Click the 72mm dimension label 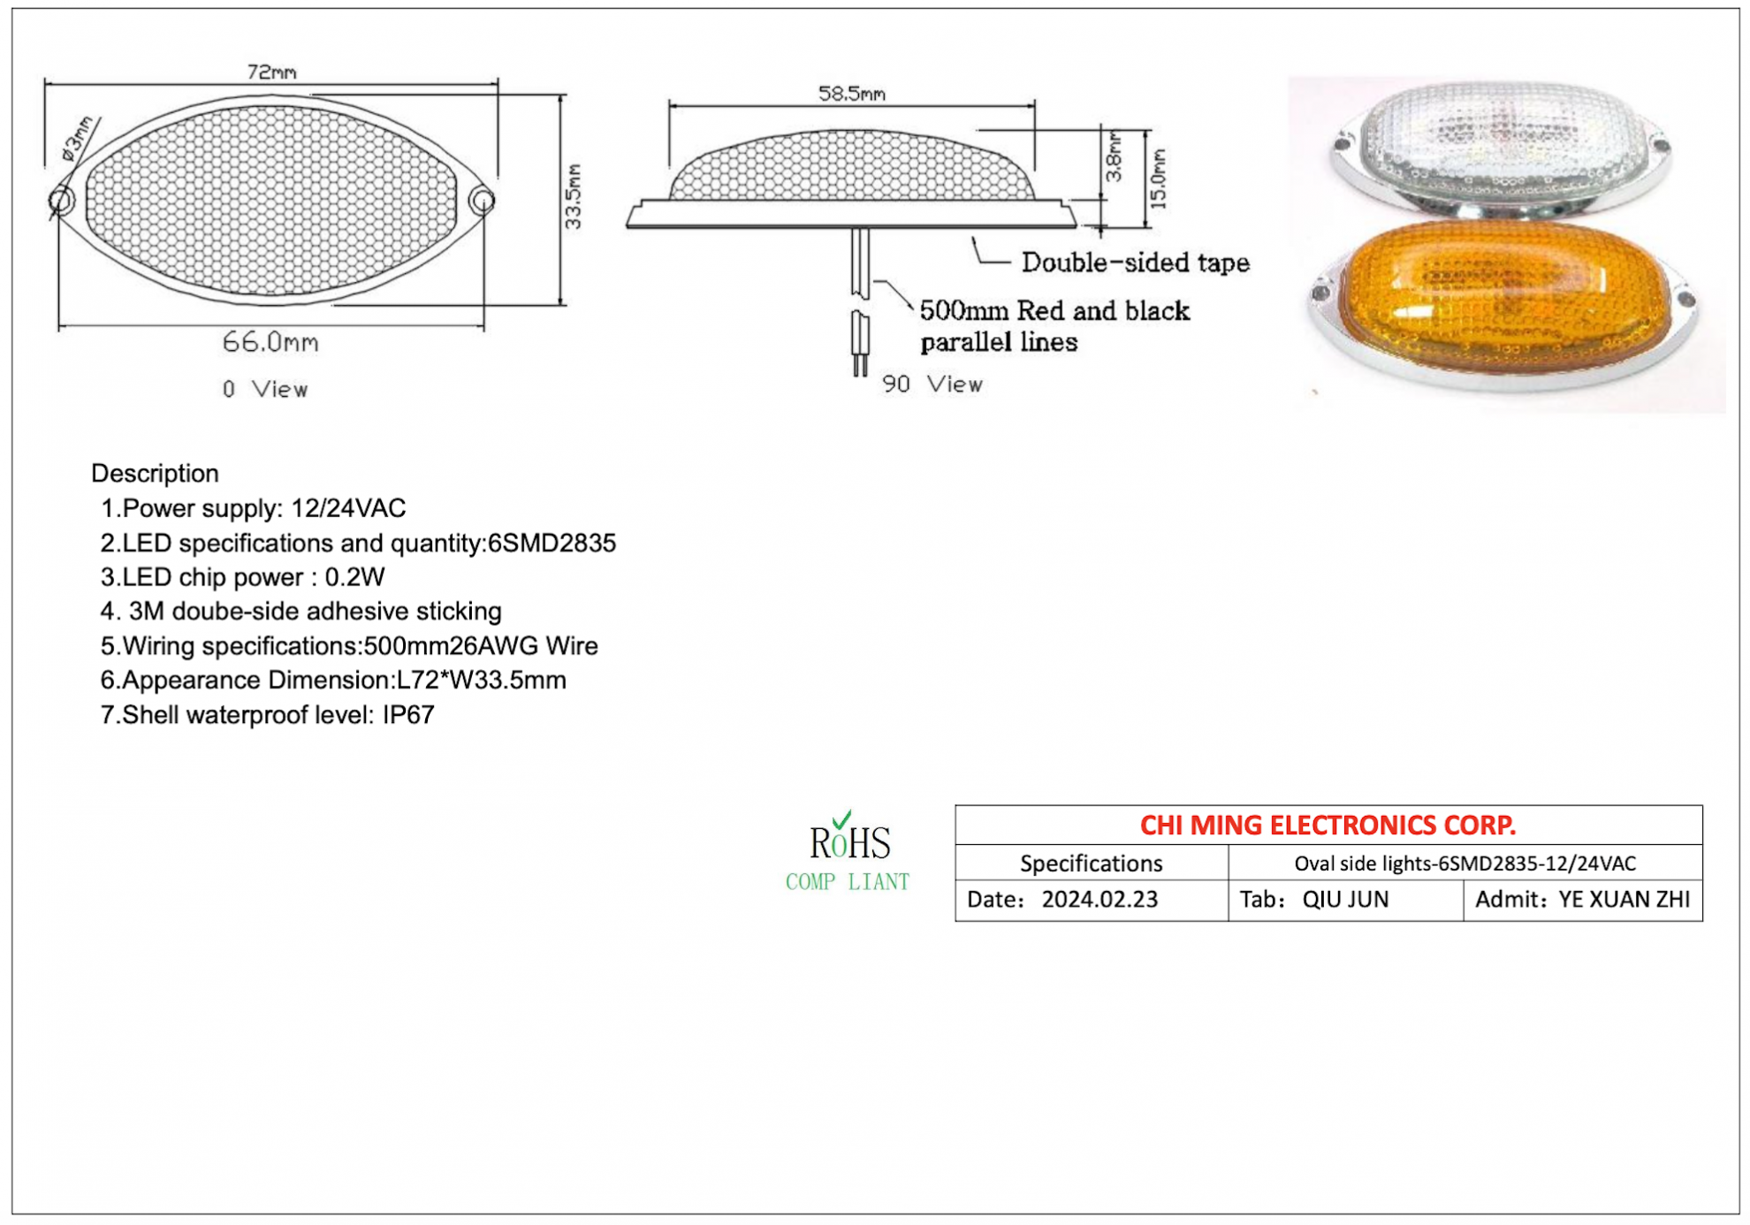[x=271, y=72]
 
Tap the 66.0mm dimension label [x=270, y=342]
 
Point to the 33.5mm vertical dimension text [x=573, y=196]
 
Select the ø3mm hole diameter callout [x=77, y=138]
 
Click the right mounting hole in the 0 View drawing [x=482, y=201]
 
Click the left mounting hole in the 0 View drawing [x=62, y=202]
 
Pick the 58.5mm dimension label [x=851, y=94]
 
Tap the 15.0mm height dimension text [x=1159, y=179]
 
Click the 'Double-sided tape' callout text [x=1136, y=262]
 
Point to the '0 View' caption [x=265, y=389]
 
